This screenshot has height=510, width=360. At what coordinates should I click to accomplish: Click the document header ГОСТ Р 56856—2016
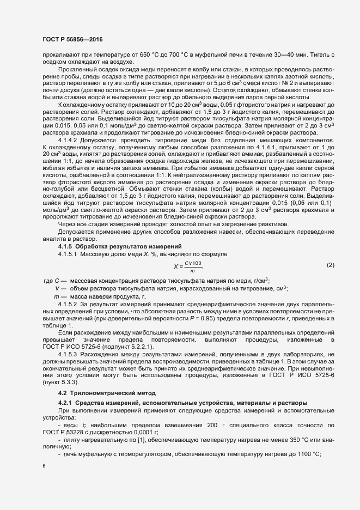point(72,40)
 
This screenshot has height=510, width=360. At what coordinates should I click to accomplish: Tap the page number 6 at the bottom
point(44,466)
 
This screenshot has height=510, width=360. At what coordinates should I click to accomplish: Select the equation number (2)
point(330,265)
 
